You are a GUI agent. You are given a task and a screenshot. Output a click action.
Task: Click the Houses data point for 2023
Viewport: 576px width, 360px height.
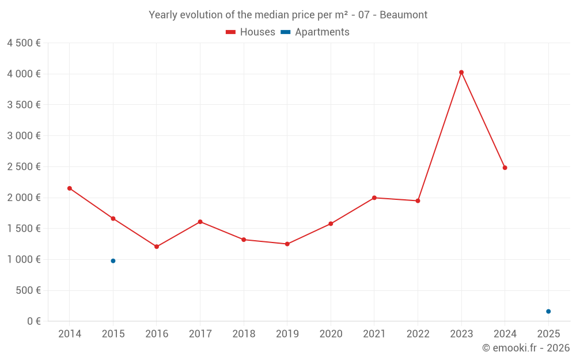pyautogui.click(x=461, y=73)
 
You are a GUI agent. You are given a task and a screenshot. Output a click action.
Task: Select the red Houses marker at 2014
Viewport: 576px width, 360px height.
pyautogui.click(x=70, y=188)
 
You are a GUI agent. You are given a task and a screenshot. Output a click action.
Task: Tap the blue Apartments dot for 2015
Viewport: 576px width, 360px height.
pyautogui.click(x=113, y=261)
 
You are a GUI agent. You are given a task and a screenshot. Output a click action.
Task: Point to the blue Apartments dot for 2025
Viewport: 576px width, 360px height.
pyautogui.click(x=548, y=312)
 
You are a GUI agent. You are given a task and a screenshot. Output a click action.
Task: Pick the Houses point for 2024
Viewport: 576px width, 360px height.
pyautogui.click(x=505, y=168)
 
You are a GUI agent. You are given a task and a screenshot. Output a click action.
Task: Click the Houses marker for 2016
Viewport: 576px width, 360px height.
pyautogui.click(x=157, y=247)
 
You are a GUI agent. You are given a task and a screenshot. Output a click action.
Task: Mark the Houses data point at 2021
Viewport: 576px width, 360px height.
pyautogui.click(x=374, y=198)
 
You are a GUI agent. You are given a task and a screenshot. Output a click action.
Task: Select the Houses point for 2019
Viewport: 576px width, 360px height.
pyautogui.click(x=287, y=244)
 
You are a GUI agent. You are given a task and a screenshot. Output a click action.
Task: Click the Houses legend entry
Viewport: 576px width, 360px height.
pyautogui.click(x=251, y=32)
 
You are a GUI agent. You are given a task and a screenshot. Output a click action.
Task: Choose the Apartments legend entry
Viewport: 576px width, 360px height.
pyautogui.click(x=315, y=32)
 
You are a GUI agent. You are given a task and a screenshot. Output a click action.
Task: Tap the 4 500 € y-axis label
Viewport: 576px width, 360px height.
pyautogui.click(x=24, y=43)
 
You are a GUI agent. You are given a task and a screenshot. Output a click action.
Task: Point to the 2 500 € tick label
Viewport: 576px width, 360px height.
pyautogui.click(x=24, y=167)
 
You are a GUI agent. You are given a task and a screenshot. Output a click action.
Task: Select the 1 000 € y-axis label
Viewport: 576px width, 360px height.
pyautogui.click(x=24, y=260)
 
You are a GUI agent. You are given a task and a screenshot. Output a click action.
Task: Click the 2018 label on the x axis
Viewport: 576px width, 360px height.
pyautogui.click(x=244, y=334)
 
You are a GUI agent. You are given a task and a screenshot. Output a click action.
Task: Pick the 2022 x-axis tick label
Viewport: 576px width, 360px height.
pyautogui.click(x=418, y=334)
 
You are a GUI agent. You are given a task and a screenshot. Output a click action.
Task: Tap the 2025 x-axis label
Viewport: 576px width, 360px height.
pyautogui.click(x=548, y=334)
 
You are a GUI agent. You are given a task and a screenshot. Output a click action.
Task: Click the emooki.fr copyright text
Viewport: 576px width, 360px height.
pyautogui.click(x=526, y=348)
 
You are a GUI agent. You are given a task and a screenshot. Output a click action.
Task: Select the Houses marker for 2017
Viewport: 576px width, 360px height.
pyautogui.click(x=200, y=222)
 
